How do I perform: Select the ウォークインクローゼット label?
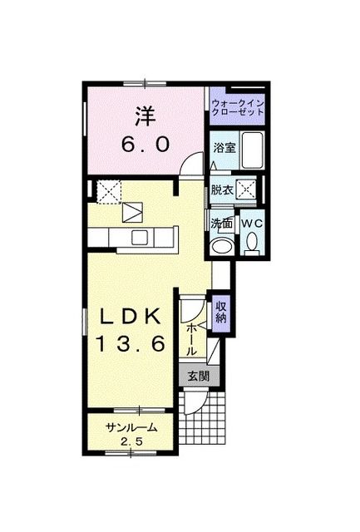click(236, 107)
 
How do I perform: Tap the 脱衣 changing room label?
click(220, 190)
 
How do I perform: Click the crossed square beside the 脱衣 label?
click(246, 189)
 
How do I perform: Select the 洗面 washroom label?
click(221, 223)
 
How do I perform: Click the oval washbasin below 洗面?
click(221, 246)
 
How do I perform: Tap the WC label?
click(252, 223)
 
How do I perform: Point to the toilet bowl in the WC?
click(252, 244)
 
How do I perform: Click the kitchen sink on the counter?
click(134, 214)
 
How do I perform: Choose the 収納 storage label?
click(221, 313)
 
